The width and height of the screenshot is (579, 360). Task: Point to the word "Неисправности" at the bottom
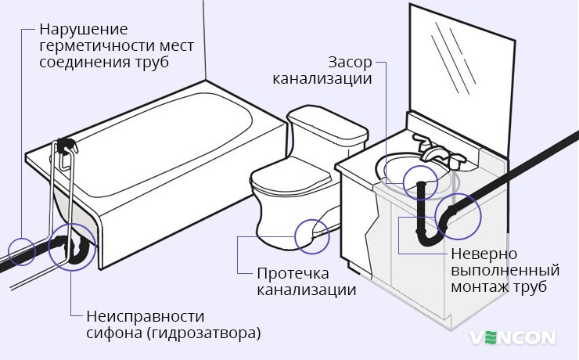(144, 316)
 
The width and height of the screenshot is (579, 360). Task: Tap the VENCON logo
(512, 337)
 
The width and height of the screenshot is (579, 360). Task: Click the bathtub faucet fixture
(67, 146)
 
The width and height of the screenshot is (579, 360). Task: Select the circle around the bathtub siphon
(70, 248)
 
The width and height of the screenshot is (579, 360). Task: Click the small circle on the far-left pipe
(22, 252)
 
